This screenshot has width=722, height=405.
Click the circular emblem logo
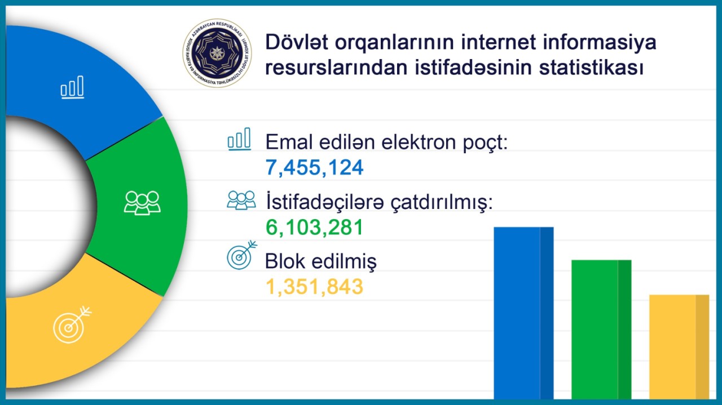pyautogui.click(x=217, y=54)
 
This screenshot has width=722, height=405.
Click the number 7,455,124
pyautogui.click(x=315, y=167)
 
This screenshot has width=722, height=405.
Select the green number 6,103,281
pyautogui.click(x=314, y=228)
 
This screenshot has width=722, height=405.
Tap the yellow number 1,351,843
pyautogui.click(x=314, y=287)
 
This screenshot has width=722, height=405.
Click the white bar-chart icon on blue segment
pyautogui.click(x=73, y=88)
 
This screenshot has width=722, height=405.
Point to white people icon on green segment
pyautogui.click(x=142, y=203)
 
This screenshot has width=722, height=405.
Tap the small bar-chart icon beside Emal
pyautogui.click(x=239, y=139)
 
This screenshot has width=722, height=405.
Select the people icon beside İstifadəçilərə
pyautogui.click(x=241, y=199)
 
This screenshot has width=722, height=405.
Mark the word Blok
pyautogui.click(x=285, y=262)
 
